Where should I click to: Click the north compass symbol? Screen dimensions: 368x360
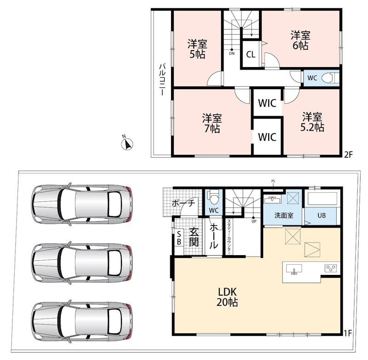pyautogui.click(x=127, y=144)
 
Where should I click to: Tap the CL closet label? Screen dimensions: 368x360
pyautogui.click(x=251, y=55)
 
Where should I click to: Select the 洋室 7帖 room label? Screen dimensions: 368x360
pyautogui.click(x=212, y=123)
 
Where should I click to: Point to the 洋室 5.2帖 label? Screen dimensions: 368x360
pyautogui.click(x=312, y=122)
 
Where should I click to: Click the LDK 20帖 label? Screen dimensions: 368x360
pyautogui.click(x=227, y=297)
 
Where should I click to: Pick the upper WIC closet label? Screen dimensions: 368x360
pyautogui.click(x=267, y=103)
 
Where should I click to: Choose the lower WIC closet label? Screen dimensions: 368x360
pyautogui.click(x=267, y=137)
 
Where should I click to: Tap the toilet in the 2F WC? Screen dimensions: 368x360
pyautogui.click(x=330, y=78)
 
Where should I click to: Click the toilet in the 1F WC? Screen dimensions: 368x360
pyautogui.click(x=213, y=197)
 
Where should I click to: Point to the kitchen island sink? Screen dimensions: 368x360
pyautogui.click(x=294, y=269)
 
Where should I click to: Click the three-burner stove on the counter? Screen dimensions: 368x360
pyautogui.click(x=331, y=269)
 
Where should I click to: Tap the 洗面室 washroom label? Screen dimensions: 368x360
pyautogui.click(x=284, y=215)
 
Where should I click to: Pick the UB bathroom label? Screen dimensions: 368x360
pyautogui.click(x=322, y=215)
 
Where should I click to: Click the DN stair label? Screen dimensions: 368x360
pyautogui.click(x=232, y=53)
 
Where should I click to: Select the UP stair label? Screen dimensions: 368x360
pyautogui.click(x=254, y=221)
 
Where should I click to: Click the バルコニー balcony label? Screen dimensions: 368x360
pyautogui.click(x=162, y=79)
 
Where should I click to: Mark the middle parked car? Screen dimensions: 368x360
pyautogui.click(x=81, y=263)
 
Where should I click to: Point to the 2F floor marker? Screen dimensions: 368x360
pyautogui.click(x=349, y=154)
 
